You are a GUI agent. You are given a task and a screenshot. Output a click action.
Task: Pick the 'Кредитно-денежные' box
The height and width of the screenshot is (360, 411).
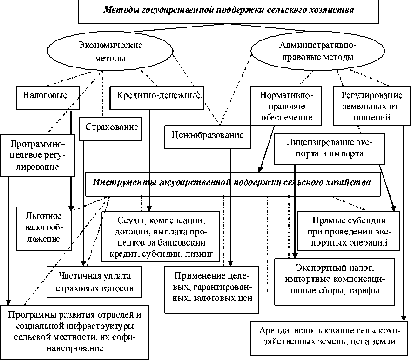coord(156,95)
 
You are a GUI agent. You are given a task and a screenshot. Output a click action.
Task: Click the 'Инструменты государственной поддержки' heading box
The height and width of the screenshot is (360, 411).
coord(233,183)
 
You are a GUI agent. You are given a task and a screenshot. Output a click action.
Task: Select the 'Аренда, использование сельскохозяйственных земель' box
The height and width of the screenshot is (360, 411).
coord(329,335)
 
